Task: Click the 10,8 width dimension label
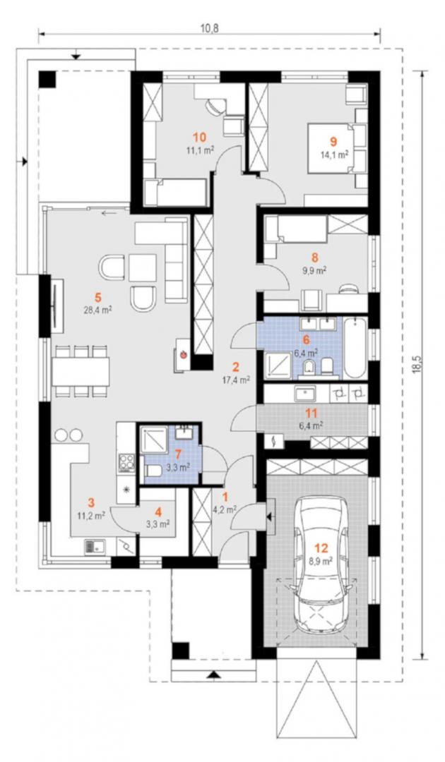pyautogui.click(x=210, y=28)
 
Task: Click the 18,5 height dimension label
pyautogui.click(x=417, y=364)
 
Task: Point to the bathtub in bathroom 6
pyautogui.click(x=355, y=346)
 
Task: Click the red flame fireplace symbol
pyautogui.click(x=184, y=353)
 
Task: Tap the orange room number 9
pyautogui.click(x=333, y=141)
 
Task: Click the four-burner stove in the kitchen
pyautogui.click(x=127, y=462)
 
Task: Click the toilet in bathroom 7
pyautogui.click(x=154, y=471)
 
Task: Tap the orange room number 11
pyautogui.click(x=311, y=413)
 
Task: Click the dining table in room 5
pyautogui.click(x=81, y=372)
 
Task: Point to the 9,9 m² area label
pyautogui.click(x=316, y=271)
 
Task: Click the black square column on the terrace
pyautogui.click(x=47, y=79)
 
